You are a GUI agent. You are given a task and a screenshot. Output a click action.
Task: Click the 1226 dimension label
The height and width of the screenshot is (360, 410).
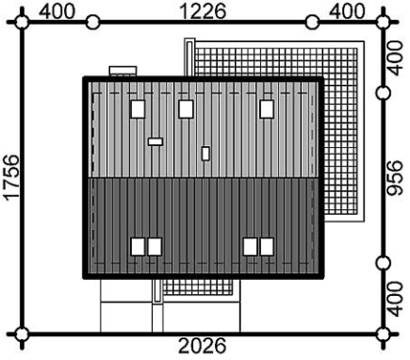click(203, 11)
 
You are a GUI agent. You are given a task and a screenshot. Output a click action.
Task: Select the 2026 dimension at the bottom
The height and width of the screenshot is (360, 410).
click(202, 346)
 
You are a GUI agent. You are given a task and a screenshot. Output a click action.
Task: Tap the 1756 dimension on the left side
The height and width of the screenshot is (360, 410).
click(11, 178)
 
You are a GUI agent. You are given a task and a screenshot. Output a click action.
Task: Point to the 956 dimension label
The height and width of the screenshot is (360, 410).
click(396, 178)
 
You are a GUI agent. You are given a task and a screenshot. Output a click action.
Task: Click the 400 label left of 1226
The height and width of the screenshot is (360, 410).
click(57, 11)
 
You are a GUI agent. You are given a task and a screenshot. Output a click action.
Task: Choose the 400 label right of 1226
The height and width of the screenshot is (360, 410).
click(347, 11)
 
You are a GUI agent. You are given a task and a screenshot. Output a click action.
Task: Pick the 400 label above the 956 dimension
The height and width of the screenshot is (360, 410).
click(396, 58)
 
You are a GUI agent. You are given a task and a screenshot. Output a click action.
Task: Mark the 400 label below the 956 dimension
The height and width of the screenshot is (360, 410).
click(396, 299)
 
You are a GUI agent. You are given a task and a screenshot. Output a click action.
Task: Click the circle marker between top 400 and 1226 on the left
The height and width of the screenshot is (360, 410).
click(93, 23)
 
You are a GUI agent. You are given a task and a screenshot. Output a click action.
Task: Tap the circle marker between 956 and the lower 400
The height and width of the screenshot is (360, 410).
click(383, 264)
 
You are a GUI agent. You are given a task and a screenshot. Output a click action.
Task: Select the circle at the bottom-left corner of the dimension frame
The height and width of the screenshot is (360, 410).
click(22, 334)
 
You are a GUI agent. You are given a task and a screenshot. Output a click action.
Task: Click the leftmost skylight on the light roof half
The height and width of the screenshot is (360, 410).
click(138, 109)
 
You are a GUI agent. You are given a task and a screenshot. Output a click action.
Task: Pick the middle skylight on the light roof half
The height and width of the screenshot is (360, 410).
click(186, 109)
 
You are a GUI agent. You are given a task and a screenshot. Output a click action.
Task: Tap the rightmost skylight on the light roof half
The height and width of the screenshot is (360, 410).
click(267, 109)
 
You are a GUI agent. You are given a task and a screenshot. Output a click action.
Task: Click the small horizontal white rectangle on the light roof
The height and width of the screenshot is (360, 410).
click(156, 141)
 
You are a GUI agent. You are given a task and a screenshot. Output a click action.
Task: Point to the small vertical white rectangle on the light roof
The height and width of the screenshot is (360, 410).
click(205, 154)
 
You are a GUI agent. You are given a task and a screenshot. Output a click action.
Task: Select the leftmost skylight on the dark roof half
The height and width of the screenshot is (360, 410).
click(138, 246)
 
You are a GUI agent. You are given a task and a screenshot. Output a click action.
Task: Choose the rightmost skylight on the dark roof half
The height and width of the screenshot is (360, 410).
click(267, 246)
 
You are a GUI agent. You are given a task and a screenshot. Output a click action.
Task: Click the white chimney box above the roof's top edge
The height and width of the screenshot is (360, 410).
click(123, 70)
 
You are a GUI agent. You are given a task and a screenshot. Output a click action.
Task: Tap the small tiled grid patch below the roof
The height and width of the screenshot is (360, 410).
click(198, 286)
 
